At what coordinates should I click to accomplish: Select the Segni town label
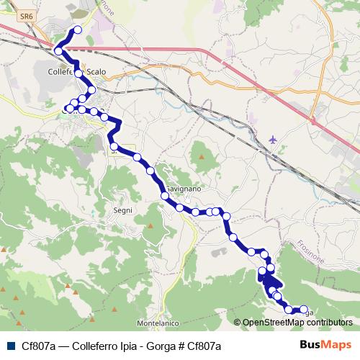pos(123,210)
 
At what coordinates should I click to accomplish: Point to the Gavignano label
pos(184,187)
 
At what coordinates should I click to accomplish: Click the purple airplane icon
pos(274,138)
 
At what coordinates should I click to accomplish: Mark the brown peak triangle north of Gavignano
pos(202,155)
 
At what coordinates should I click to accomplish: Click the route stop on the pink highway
pos(58,51)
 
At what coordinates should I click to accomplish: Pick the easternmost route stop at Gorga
pos(303,309)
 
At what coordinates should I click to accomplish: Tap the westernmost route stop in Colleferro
pos(69,109)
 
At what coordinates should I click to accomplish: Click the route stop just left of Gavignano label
pos(165,195)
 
